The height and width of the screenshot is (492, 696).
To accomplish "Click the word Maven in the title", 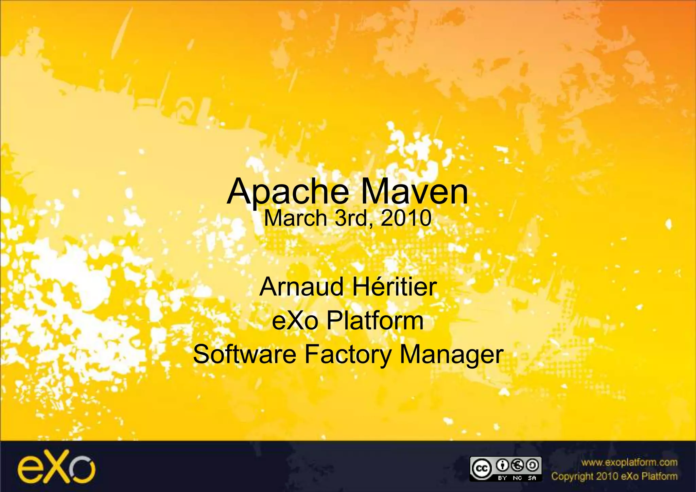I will tap(414, 192).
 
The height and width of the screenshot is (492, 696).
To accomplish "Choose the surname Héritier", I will tap(394, 287).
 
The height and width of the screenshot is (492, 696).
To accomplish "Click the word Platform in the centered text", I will tap(375, 321).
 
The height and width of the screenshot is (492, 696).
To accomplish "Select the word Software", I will tap(245, 354).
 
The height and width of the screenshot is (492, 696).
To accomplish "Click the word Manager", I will tap(451, 354).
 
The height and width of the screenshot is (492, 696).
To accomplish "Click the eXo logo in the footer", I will tap(56, 466).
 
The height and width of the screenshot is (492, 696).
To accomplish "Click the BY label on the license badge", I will tap(502, 478).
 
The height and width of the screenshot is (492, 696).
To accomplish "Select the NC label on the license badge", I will tap(517, 478).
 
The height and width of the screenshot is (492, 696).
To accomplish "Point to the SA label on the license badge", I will tap(532, 478).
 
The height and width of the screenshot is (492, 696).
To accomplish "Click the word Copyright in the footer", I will tap(572, 476).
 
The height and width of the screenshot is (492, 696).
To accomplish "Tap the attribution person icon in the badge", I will tap(502, 465).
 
